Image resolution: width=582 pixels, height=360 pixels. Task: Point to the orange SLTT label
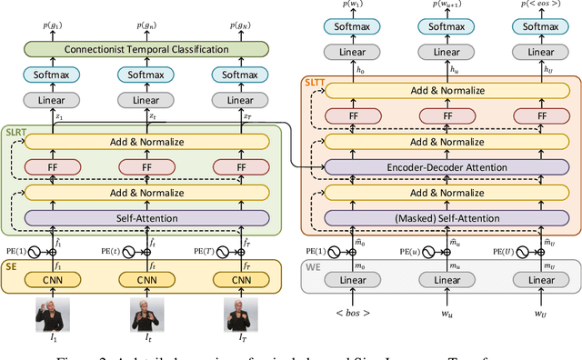click(x=314, y=83)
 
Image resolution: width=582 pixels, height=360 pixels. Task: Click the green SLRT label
click(x=16, y=133)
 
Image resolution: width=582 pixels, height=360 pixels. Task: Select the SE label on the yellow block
click(x=11, y=268)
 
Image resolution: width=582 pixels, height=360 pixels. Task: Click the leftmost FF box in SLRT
click(x=52, y=167)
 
